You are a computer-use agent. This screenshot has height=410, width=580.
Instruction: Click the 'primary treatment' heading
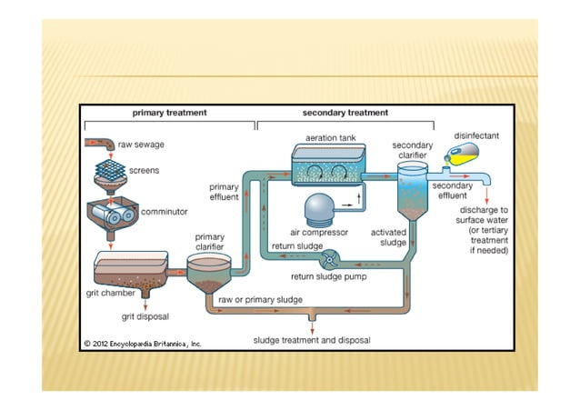pyautogui.click(x=169, y=113)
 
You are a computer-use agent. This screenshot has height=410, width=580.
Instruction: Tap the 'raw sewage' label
pyautogui.click(x=142, y=145)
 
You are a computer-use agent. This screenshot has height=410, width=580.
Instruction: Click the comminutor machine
pyautogui.click(x=111, y=214)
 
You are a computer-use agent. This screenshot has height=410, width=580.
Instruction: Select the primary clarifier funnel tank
pyautogui.click(x=211, y=272)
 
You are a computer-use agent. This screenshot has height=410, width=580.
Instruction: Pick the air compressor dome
pyautogui.click(x=324, y=210)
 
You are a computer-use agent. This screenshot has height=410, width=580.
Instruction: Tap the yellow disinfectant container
pyautogui.click(x=465, y=155)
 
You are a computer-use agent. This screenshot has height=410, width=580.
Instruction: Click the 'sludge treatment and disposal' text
pyautogui.click(x=312, y=340)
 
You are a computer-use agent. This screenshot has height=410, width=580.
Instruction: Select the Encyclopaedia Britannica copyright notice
pyautogui.click(x=143, y=345)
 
